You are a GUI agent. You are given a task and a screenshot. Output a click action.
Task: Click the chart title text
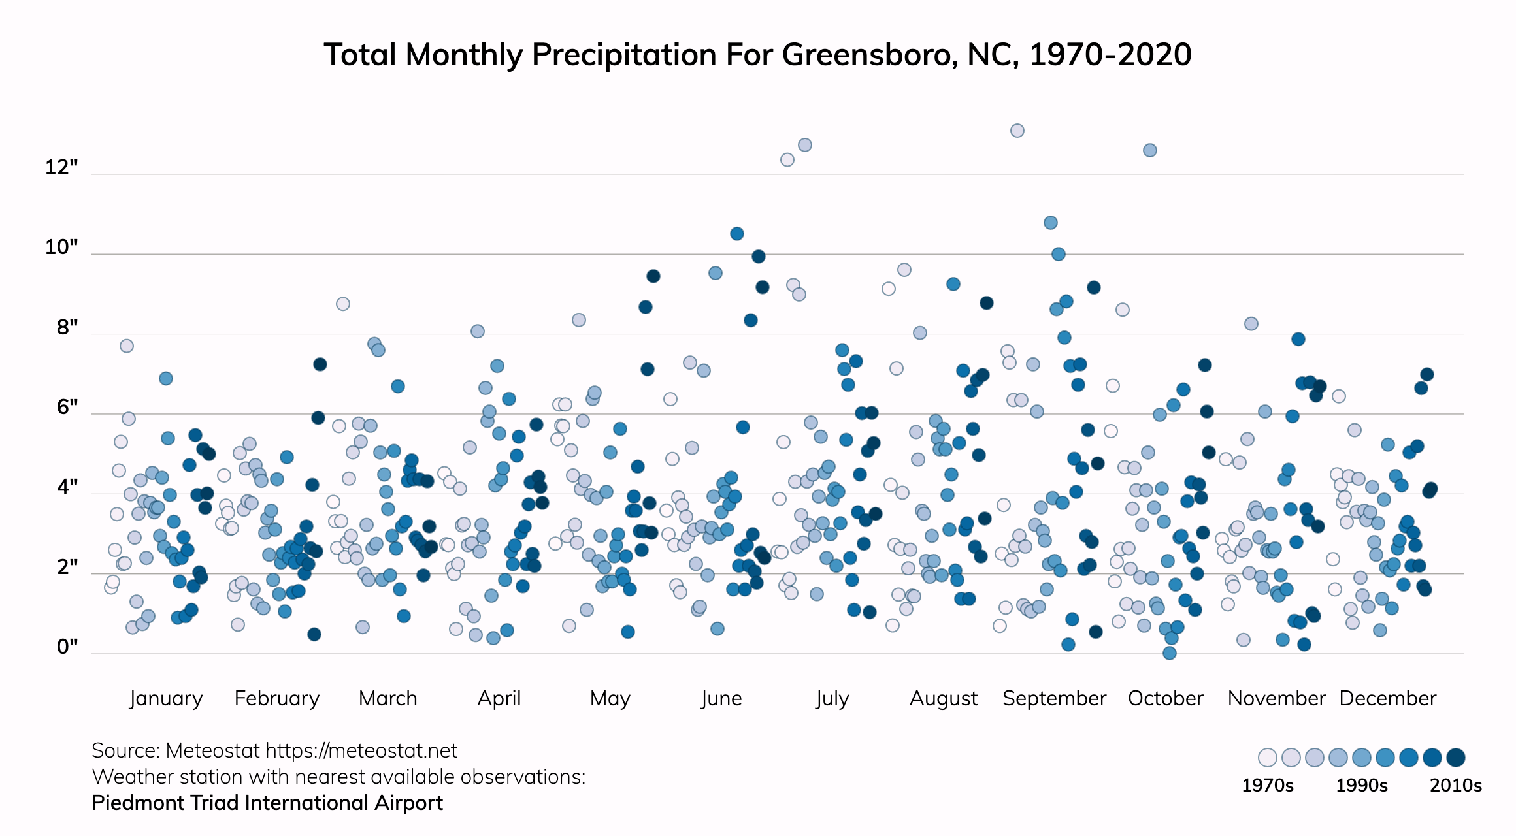pyautogui.click(x=757, y=55)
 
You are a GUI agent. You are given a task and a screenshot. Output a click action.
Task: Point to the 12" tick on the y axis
pyautogui.click(x=61, y=168)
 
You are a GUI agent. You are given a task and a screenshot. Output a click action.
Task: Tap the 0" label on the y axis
pyautogui.click(x=67, y=647)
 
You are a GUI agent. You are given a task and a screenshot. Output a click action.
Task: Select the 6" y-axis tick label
pyautogui.click(x=67, y=407)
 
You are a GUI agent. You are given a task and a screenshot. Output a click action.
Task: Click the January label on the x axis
pyautogui.click(x=166, y=698)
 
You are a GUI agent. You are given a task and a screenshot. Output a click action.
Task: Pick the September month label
pyautogui.click(x=1054, y=698)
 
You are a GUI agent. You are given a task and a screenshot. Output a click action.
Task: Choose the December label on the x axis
pyautogui.click(x=1387, y=698)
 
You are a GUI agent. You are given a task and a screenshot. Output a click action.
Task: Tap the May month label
pyautogui.click(x=610, y=698)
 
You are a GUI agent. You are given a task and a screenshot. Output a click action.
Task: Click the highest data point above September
pyautogui.click(x=1017, y=131)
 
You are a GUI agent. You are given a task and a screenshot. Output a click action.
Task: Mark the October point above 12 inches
pyautogui.click(x=1150, y=150)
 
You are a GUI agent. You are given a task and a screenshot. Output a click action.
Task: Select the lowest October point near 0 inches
pyautogui.click(x=1170, y=652)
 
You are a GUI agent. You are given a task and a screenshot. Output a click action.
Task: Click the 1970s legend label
pyautogui.click(x=1267, y=785)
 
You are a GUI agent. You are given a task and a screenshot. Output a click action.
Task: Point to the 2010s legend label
pyautogui.click(x=1455, y=785)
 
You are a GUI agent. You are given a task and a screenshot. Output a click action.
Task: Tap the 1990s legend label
pyautogui.click(x=1361, y=785)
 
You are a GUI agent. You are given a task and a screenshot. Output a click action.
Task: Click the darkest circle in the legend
pyautogui.click(x=1456, y=758)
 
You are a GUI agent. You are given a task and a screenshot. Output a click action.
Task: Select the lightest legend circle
pyautogui.click(x=1268, y=758)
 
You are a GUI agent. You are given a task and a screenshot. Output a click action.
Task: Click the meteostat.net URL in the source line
pyautogui.click(x=361, y=751)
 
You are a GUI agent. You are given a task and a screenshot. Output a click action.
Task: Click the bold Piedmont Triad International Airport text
pyautogui.click(x=267, y=803)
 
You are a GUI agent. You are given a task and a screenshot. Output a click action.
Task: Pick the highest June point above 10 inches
pyautogui.click(x=737, y=234)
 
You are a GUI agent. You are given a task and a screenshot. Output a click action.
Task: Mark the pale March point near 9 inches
pyautogui.click(x=343, y=304)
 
